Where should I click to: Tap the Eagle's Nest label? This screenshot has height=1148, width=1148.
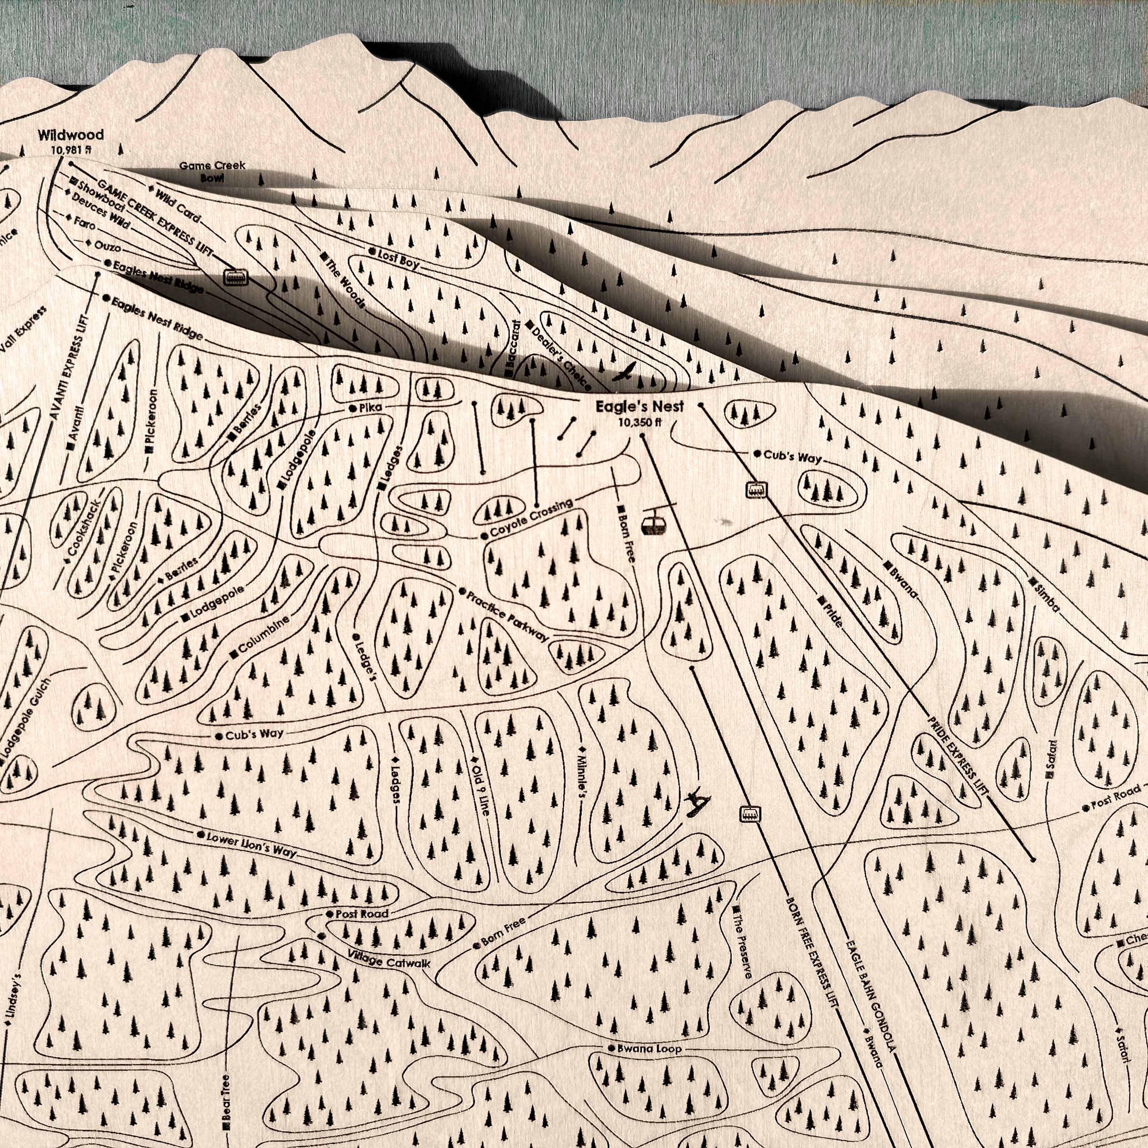tap(640, 406)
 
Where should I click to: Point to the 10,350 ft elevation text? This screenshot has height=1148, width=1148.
tap(639, 423)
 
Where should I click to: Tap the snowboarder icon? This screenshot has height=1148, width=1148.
tap(696, 804)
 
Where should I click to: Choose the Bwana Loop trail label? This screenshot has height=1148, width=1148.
tap(648, 1049)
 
